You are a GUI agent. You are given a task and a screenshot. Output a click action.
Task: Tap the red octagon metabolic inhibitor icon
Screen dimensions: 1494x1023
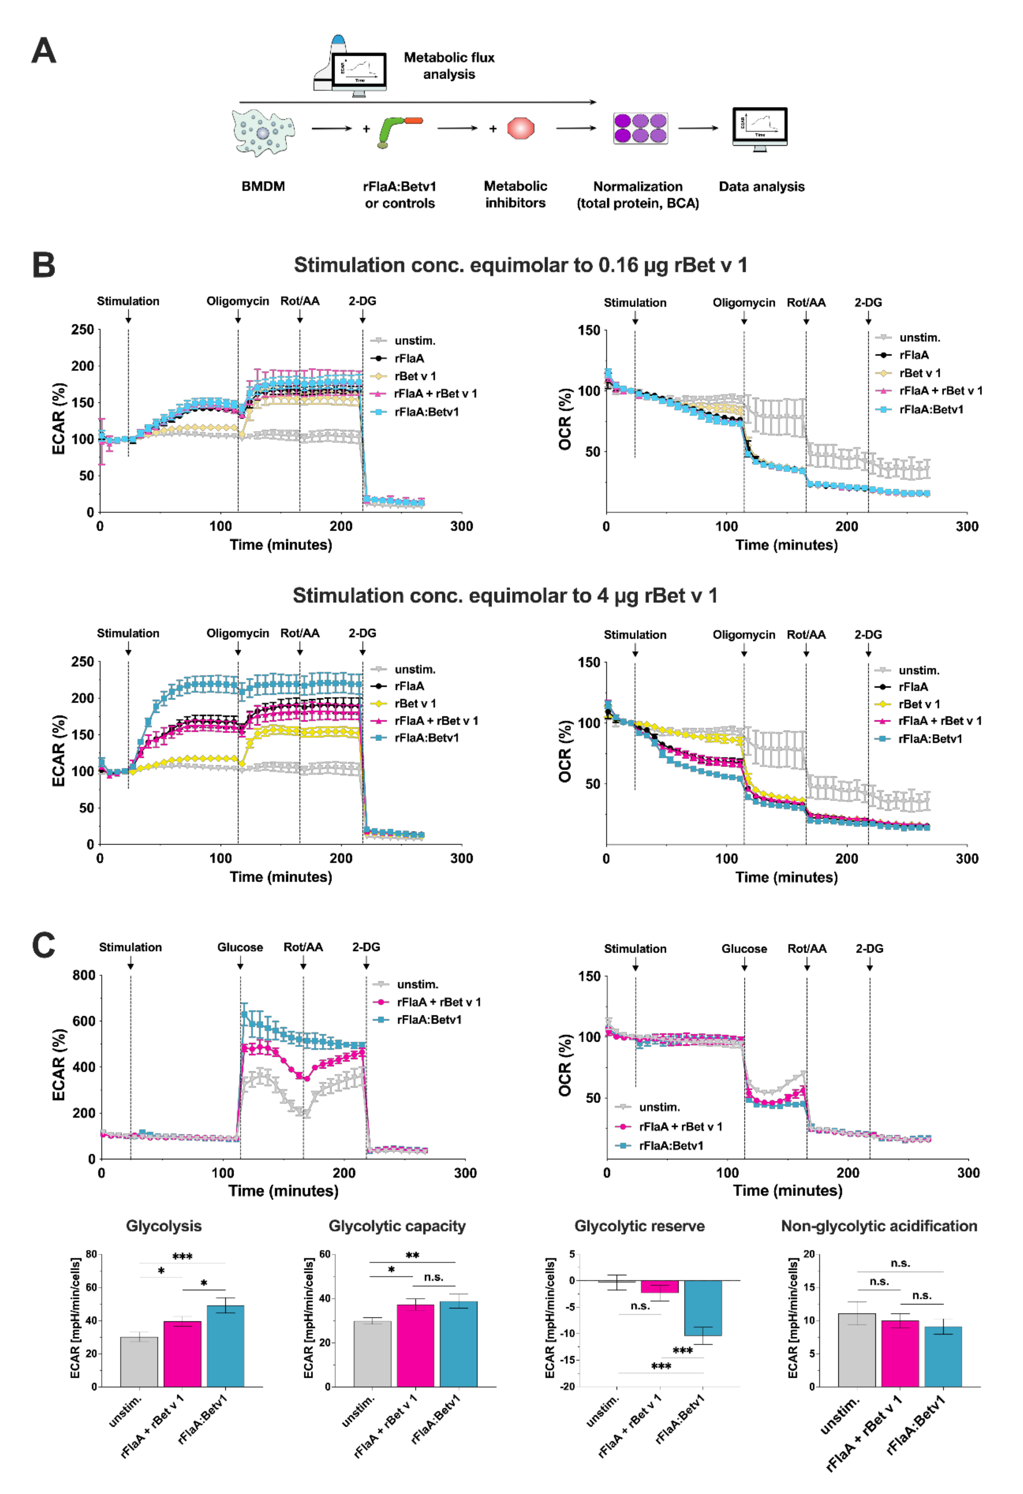521,128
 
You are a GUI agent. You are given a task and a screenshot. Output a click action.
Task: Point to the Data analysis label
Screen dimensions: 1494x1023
761,186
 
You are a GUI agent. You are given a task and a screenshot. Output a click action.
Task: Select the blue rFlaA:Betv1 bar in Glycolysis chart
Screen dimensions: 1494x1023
225,1345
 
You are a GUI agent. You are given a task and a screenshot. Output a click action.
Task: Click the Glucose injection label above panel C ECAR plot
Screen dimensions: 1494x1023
240,947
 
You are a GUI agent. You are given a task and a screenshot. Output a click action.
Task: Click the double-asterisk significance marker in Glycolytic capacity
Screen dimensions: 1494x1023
412,1255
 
